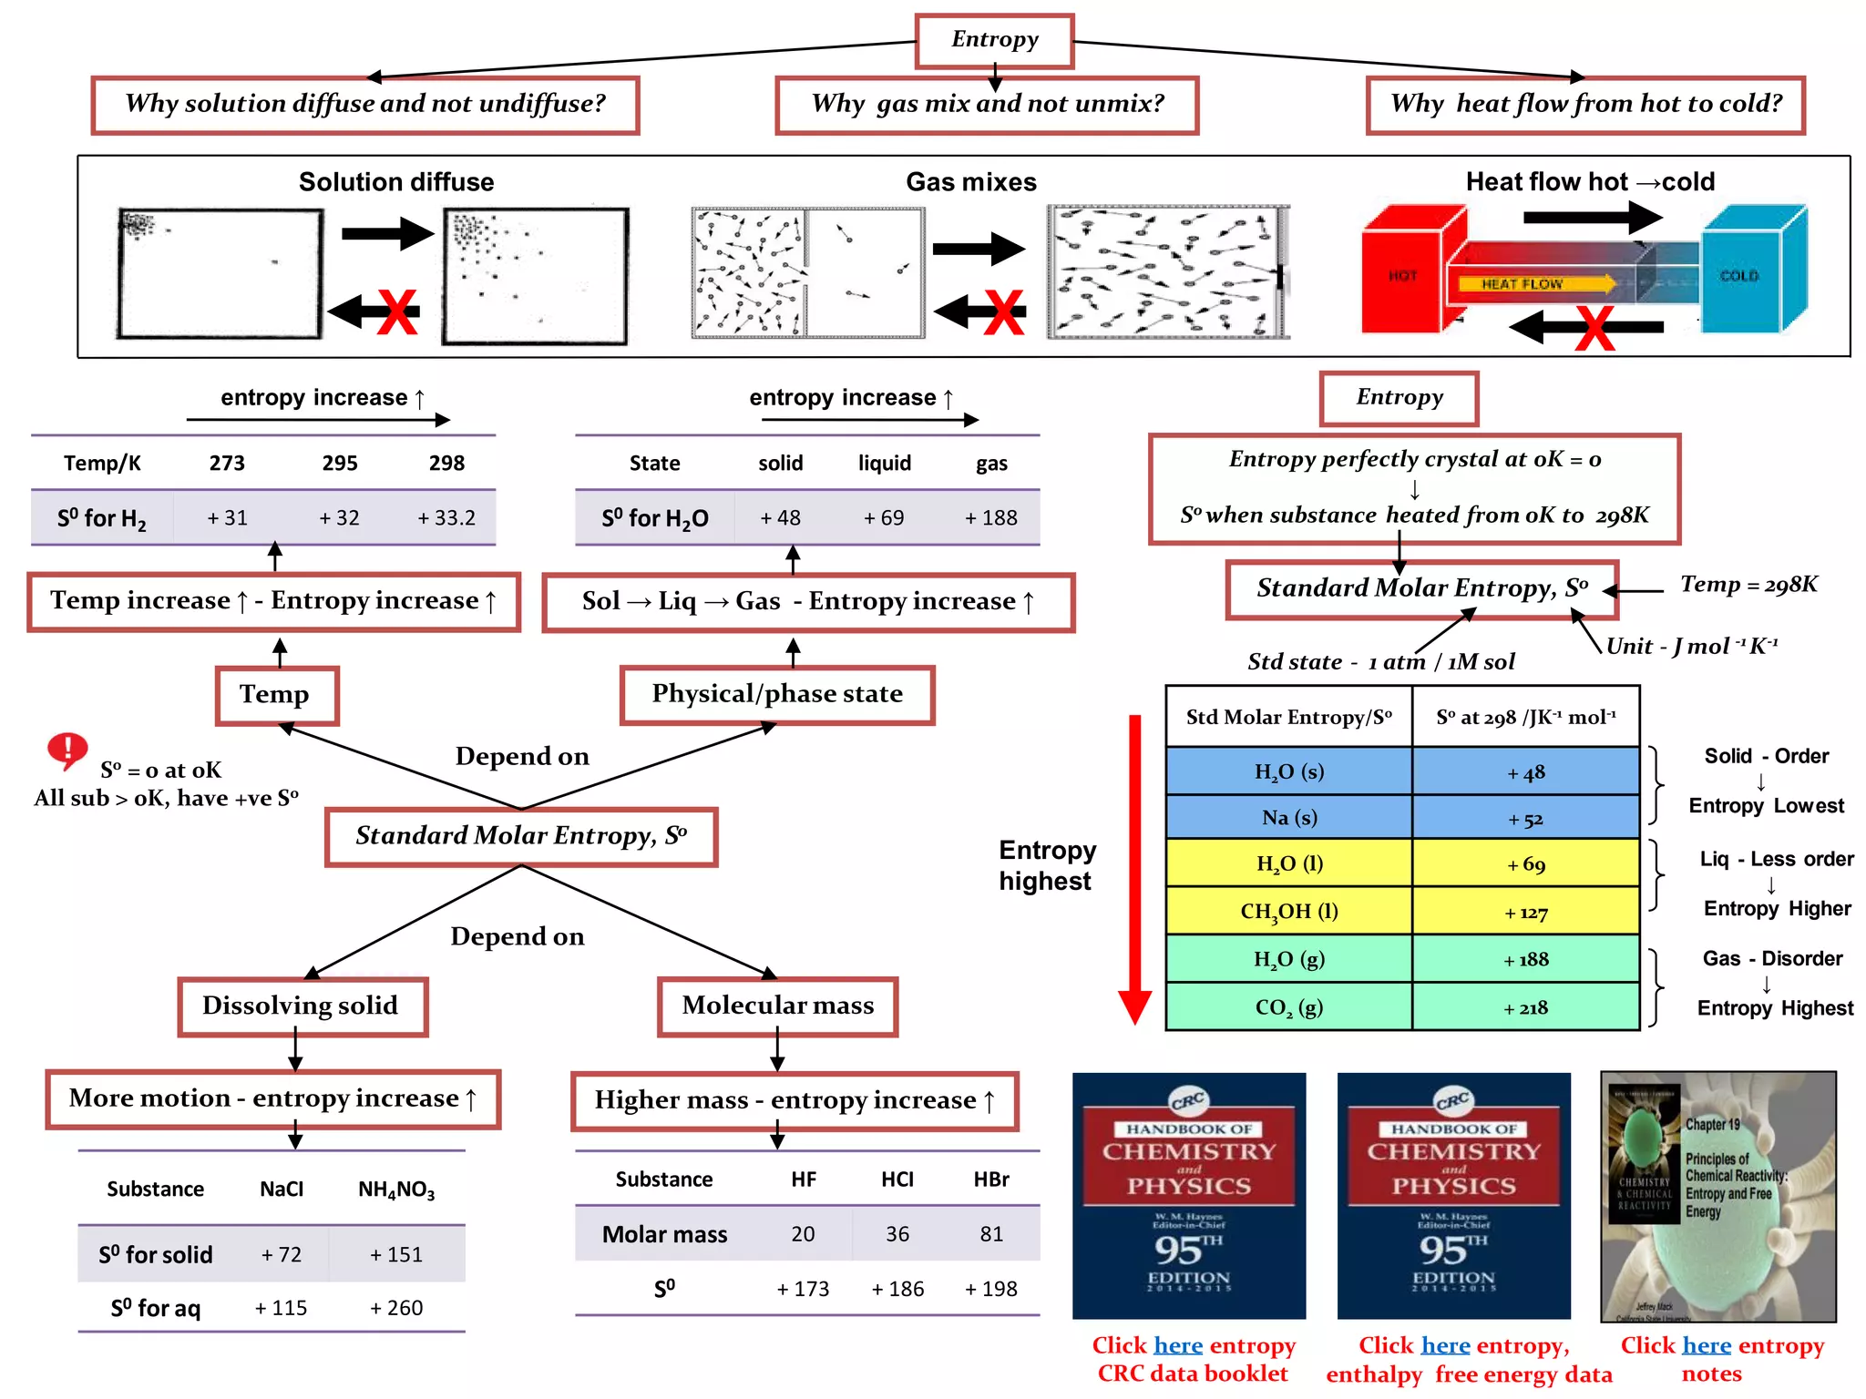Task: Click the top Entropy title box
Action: [x=994, y=40]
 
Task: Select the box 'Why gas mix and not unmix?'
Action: [x=987, y=105]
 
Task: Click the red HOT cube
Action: [x=1404, y=273]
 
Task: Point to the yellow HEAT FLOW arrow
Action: [x=1531, y=284]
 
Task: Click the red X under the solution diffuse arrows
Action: [x=397, y=312]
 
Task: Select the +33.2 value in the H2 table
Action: [x=446, y=518]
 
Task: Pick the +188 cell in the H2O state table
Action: [x=991, y=518]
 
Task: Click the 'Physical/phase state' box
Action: [x=777, y=695]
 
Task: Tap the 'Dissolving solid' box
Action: [x=302, y=1006]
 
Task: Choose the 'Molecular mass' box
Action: [x=777, y=1006]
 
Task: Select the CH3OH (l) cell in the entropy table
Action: [x=1288, y=912]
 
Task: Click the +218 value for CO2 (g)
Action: [x=1525, y=1008]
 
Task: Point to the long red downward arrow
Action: [x=1134, y=865]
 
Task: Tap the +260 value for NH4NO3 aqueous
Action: [x=396, y=1309]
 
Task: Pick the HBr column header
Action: [x=991, y=1180]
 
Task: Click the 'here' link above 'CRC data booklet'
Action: [x=1178, y=1346]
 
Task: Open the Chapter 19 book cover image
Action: [x=1717, y=1196]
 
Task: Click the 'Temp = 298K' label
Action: [x=1748, y=585]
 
